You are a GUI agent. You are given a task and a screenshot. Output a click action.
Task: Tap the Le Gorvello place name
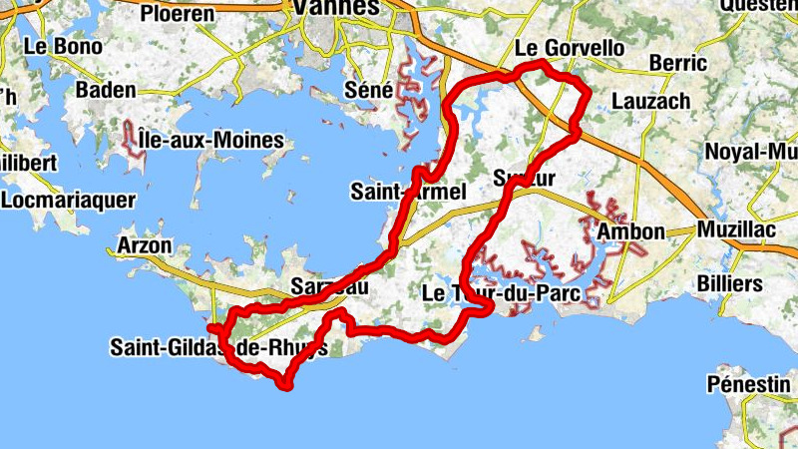(570, 48)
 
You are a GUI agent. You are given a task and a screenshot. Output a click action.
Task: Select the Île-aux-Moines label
(211, 140)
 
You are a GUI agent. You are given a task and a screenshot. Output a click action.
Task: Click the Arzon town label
(146, 245)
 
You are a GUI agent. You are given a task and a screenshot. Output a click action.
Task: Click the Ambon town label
(630, 232)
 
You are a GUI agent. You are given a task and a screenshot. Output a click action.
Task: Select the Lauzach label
(650, 101)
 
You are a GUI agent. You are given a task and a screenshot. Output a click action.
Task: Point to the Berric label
(677, 63)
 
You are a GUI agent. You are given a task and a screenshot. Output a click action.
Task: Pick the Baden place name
(105, 90)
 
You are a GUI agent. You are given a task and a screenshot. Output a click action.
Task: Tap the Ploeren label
(178, 14)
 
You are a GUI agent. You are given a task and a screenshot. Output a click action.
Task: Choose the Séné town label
(369, 90)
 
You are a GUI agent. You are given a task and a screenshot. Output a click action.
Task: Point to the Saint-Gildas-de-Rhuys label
(218, 348)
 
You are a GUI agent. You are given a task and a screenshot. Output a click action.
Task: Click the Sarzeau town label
(329, 286)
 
